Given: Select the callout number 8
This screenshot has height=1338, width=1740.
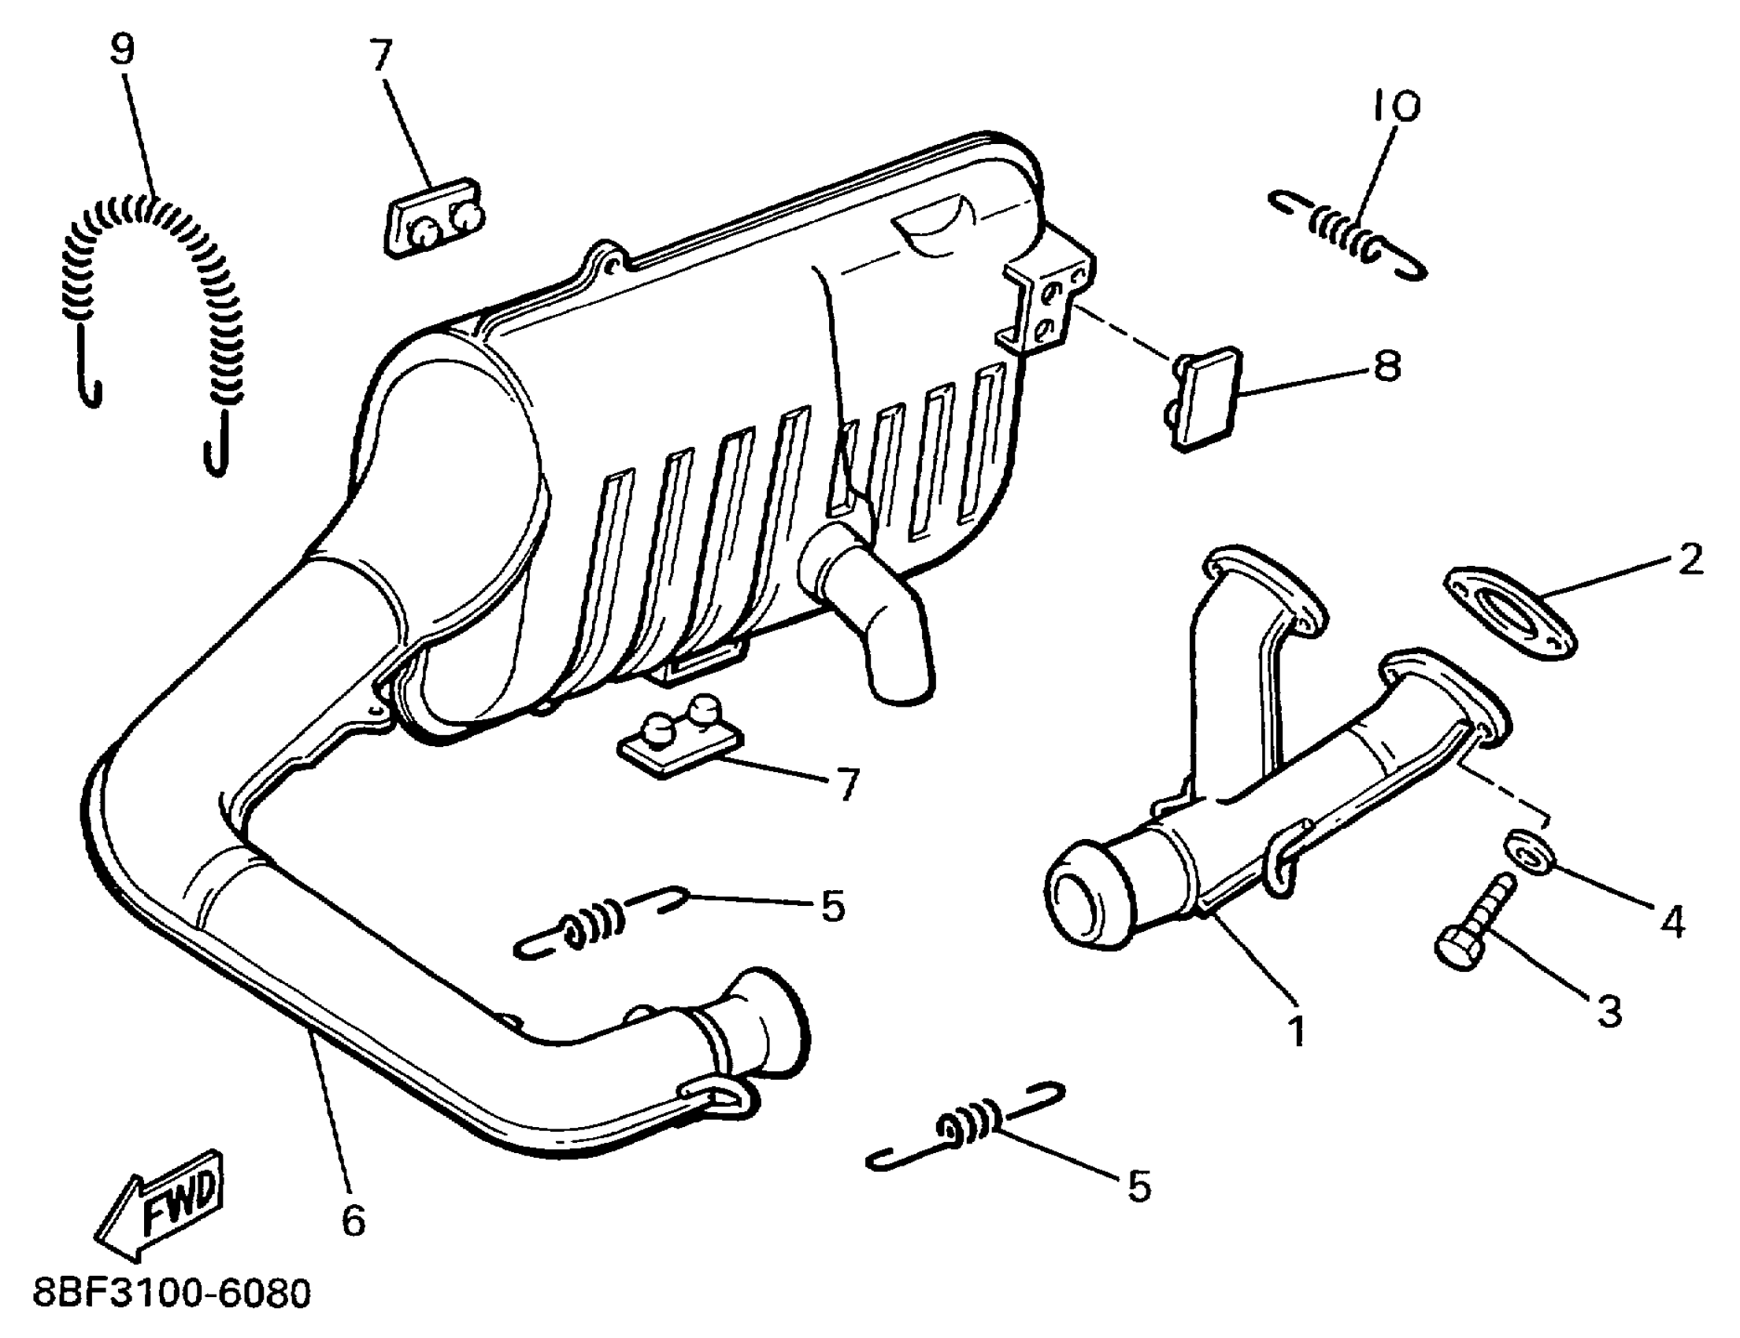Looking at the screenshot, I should pos(1387,366).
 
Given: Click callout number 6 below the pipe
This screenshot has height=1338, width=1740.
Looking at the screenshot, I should pos(353,1219).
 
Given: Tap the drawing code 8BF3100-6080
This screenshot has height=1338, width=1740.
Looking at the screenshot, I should pos(172,1294).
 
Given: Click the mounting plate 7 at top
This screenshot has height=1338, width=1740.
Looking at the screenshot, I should pos(434,217).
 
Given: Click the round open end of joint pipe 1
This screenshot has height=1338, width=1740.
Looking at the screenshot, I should pos(1083,907).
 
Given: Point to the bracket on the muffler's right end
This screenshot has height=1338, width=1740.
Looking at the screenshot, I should pos(1048,298).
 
